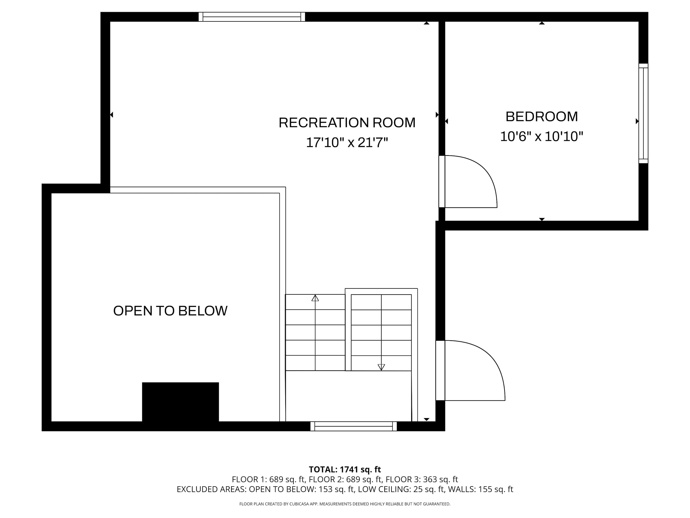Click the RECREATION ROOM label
[347, 123]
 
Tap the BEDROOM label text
[541, 117]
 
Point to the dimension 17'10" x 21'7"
[347, 143]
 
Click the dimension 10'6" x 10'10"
[541, 137]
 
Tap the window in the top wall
[252, 17]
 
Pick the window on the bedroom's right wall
[643, 113]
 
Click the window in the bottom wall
[354, 426]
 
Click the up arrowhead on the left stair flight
[315, 298]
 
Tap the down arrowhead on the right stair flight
[381, 367]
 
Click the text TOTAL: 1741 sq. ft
[345, 469]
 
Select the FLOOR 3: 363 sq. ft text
[422, 479]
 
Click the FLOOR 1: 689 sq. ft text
[268, 479]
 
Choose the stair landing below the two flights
[348, 396]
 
